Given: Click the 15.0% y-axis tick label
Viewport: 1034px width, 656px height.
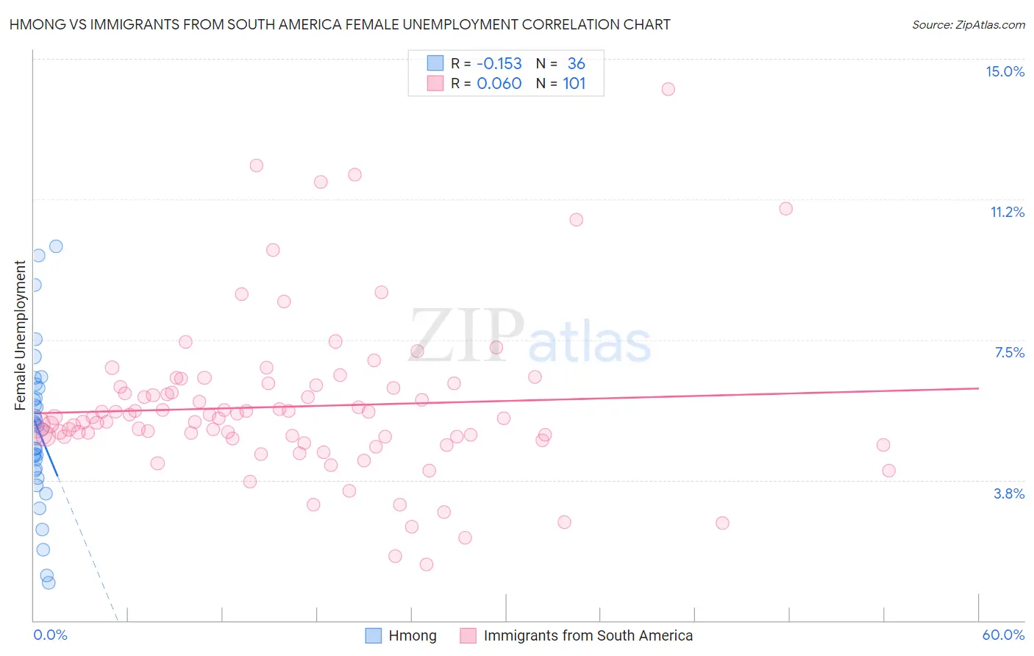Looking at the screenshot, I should pos(1005,71).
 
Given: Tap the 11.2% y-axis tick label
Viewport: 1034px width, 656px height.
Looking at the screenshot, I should pos(1007,212).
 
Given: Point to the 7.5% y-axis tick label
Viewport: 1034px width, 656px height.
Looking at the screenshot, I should pos(1009,352).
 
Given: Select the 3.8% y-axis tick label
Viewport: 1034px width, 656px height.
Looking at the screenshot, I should pos(1009,493).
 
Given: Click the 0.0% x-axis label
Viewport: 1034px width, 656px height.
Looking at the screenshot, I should pos(50,635).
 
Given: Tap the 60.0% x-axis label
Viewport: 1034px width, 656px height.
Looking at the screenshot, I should pos(1003,635).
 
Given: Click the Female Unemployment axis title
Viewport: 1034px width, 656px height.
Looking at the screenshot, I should pos(20,335).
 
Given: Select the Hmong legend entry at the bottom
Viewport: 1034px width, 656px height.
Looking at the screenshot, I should pos(412,635).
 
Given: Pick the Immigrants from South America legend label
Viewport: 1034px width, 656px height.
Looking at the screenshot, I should pos(588,635).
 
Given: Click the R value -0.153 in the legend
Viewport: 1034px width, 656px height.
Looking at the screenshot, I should pos(499,64).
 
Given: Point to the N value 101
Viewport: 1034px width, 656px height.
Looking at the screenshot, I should pos(574,84).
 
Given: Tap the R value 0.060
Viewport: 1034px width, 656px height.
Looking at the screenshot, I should pos(499,84).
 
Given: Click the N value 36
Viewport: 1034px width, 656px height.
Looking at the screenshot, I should pos(577,64).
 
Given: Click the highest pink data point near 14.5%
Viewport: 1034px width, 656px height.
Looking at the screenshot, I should pos(668,89).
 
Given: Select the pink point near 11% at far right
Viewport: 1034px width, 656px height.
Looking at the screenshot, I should pos(785,209).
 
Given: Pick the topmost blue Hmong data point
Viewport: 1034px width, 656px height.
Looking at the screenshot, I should pos(56,246).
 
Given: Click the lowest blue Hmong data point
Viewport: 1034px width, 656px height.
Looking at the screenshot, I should pos(49,582).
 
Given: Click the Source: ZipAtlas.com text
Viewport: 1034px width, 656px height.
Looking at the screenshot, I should pos(968,25).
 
